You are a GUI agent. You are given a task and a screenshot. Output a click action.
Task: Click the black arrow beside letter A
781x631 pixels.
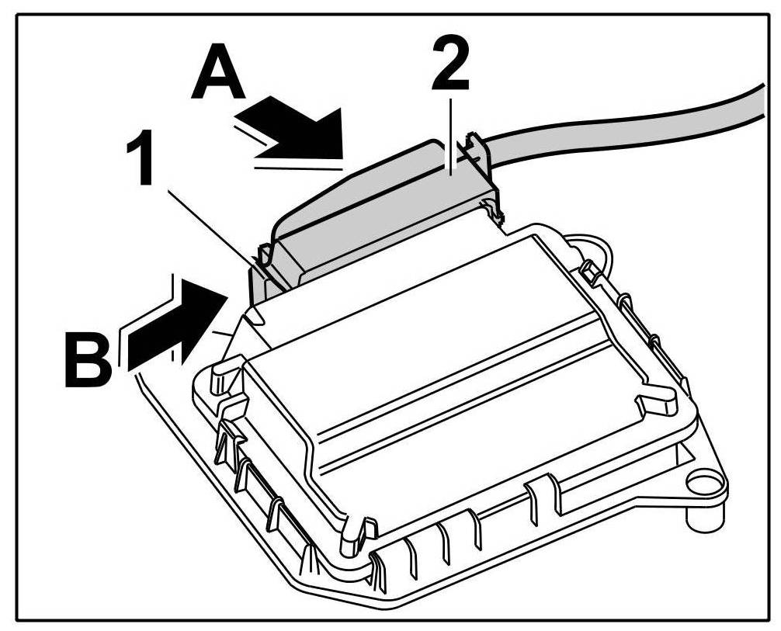coord(299,132)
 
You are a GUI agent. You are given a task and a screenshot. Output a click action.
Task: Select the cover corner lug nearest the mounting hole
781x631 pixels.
coord(656,407)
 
